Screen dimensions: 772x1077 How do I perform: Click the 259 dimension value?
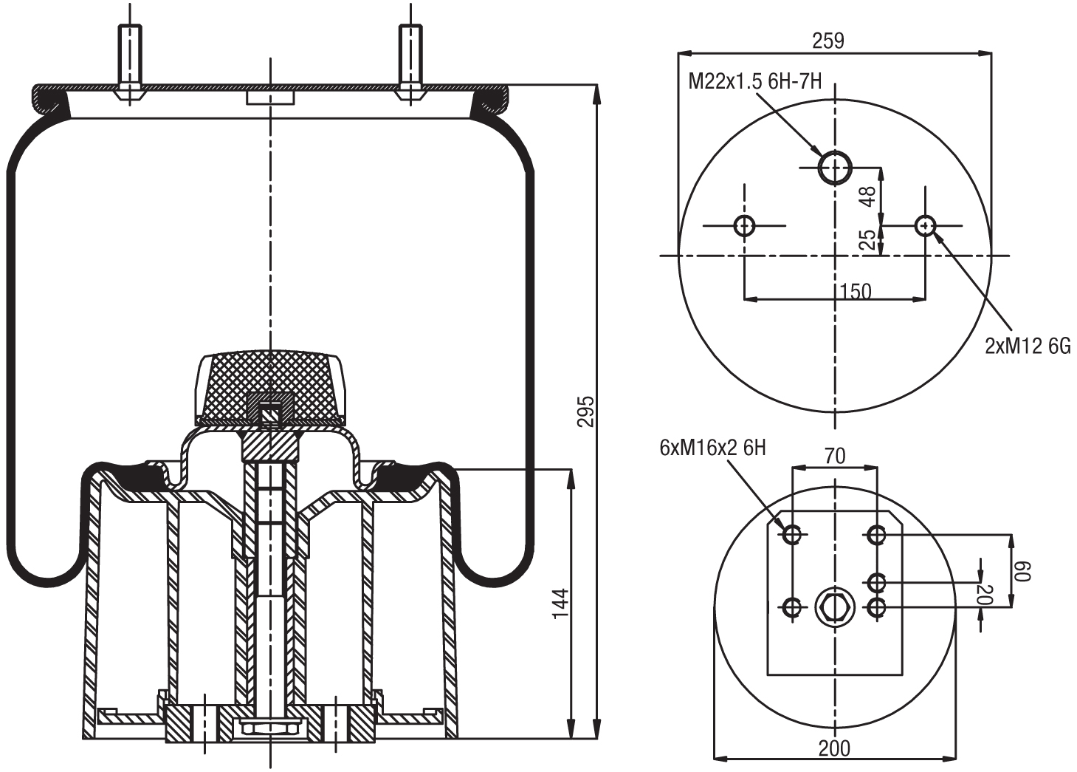point(828,41)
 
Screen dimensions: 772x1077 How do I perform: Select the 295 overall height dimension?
point(585,411)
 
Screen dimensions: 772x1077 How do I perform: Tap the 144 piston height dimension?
point(561,604)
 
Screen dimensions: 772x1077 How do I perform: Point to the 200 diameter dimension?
point(834,748)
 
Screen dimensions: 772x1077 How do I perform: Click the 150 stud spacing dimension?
point(856,291)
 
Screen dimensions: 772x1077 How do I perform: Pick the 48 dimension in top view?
point(869,196)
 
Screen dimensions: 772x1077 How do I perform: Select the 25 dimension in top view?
point(869,239)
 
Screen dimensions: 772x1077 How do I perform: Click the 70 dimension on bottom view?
point(834,457)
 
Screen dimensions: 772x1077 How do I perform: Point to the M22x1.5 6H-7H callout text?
point(754,81)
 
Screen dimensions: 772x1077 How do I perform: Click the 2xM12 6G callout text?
point(1028,346)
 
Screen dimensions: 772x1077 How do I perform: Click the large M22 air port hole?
point(835,167)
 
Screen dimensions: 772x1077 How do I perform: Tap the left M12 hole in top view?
point(744,225)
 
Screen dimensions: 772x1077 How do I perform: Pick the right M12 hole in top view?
point(925,225)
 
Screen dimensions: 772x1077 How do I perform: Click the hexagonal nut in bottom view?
point(834,608)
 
